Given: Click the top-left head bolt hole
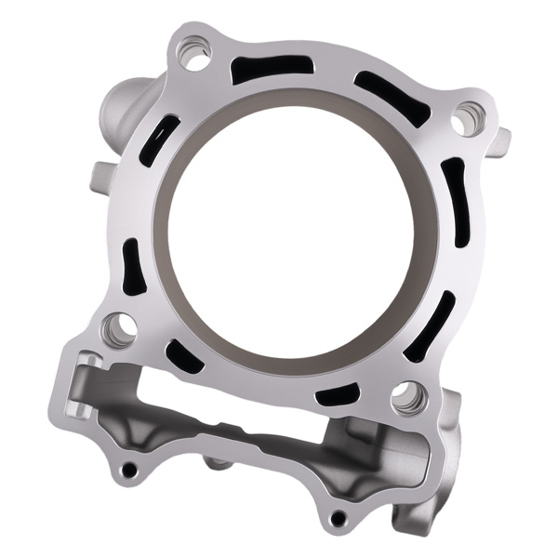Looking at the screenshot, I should (196, 54).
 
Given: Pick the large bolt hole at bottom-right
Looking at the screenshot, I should (407, 398).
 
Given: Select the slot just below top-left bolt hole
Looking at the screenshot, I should (159, 140).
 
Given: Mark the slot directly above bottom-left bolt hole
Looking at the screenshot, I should (133, 267).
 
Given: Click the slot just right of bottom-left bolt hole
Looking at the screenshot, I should (181, 356).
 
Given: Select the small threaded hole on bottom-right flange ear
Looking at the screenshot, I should (338, 517).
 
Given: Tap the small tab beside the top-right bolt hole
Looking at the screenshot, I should (501, 139).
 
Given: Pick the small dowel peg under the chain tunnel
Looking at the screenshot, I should (216, 462).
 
